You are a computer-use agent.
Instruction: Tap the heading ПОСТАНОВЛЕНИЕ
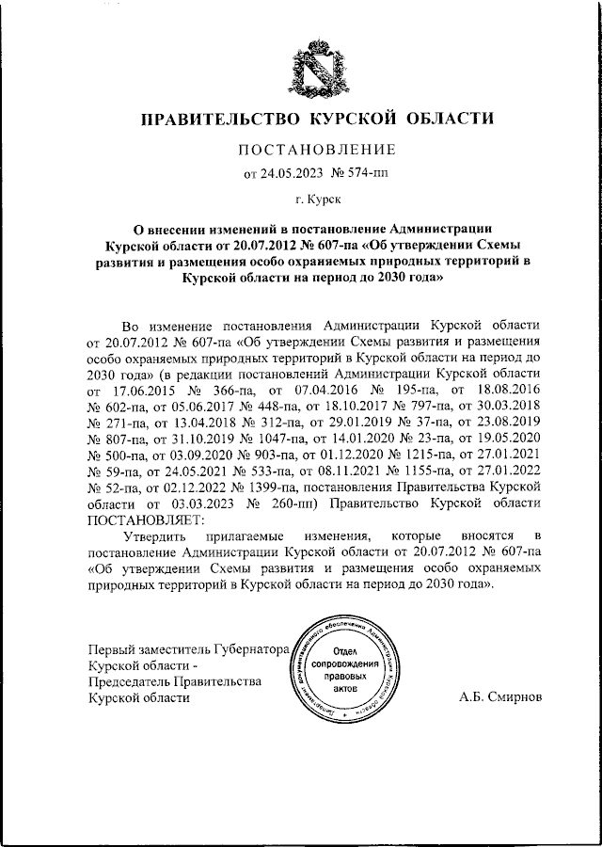(x=315, y=150)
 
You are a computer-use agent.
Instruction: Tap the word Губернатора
(x=251, y=649)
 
